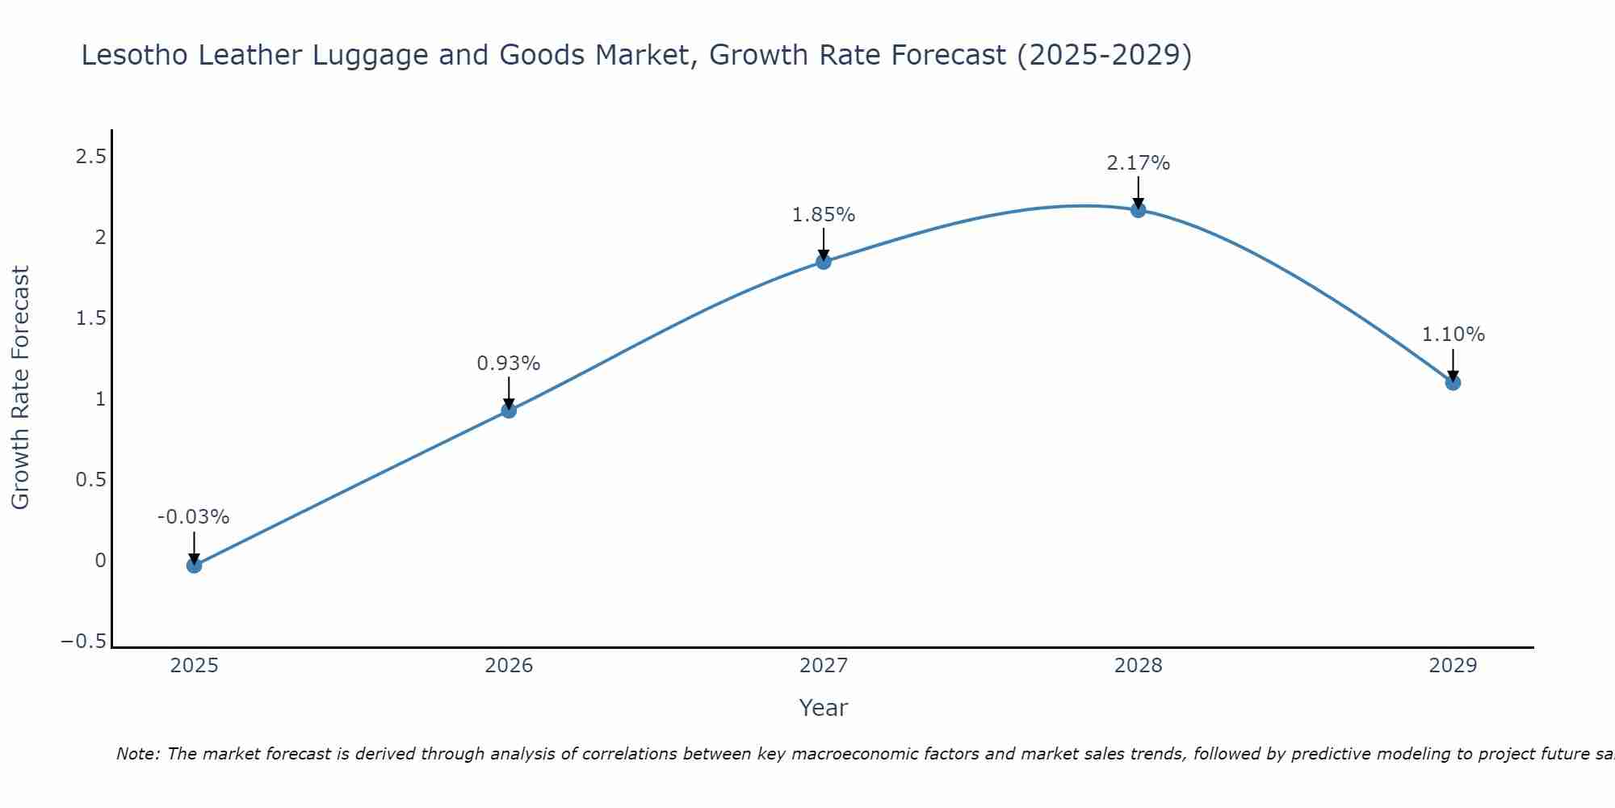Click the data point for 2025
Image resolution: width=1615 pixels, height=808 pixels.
coord(194,565)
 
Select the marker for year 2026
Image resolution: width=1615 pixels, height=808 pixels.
coord(509,410)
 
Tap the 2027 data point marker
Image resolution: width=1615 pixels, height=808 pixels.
coord(824,262)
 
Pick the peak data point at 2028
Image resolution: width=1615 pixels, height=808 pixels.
coord(1138,210)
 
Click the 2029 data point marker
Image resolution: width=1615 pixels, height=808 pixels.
coord(1453,382)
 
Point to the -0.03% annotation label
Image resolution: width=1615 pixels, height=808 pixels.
coord(193,517)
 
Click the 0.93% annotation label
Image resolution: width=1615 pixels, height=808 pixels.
coord(508,364)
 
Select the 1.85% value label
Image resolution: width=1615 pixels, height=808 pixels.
coord(823,215)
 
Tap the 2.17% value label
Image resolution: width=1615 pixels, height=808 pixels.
coord(1138,163)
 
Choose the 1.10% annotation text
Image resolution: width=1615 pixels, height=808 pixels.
coord(1453,335)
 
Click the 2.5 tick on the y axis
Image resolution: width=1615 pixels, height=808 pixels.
coord(90,157)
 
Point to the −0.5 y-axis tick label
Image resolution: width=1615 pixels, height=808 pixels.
coord(83,642)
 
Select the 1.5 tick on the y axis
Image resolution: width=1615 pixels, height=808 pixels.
coord(90,318)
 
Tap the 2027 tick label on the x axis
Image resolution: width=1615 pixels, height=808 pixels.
coord(824,666)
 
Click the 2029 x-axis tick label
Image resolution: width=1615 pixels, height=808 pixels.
coord(1453,666)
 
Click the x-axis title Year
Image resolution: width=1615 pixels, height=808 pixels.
coord(823,708)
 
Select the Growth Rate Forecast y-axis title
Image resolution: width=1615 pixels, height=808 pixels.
coord(20,388)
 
